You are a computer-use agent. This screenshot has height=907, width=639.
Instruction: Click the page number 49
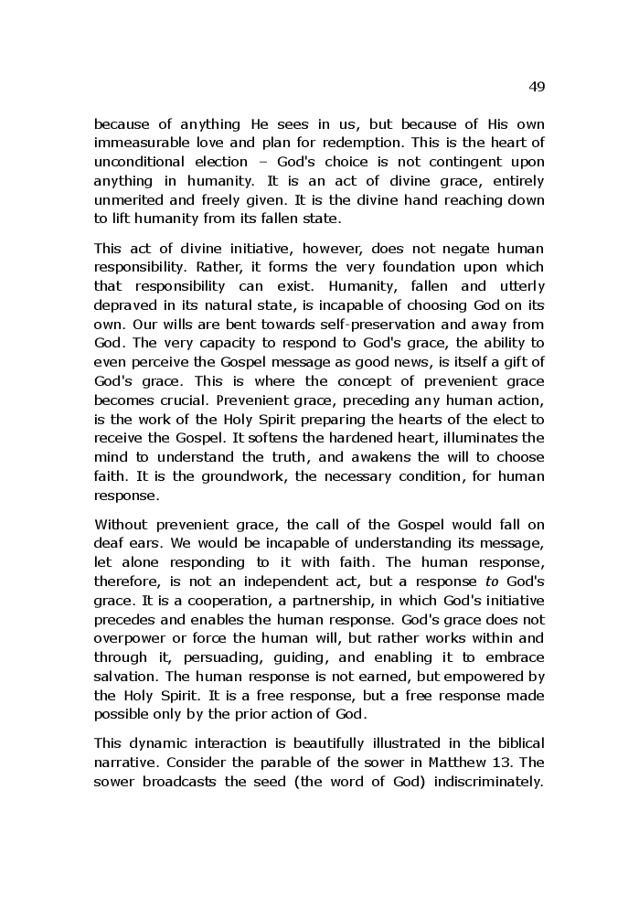(537, 87)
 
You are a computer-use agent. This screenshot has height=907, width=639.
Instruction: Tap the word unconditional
(139, 162)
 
